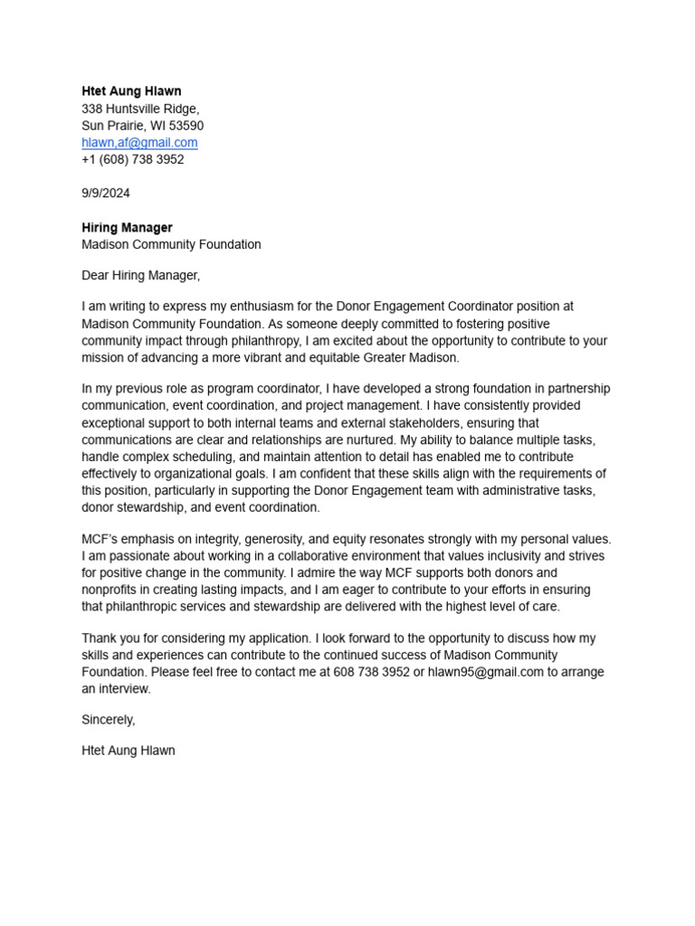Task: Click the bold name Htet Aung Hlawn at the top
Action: pyautogui.click(x=131, y=91)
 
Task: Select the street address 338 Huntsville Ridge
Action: pyautogui.click(x=139, y=109)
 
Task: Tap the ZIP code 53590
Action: pyautogui.click(x=186, y=126)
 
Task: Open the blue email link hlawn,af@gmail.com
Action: pyautogui.click(x=139, y=143)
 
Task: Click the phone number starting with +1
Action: pyautogui.click(x=132, y=159)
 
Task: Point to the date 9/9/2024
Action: pyautogui.click(x=106, y=194)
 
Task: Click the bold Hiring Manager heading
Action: pyautogui.click(x=127, y=228)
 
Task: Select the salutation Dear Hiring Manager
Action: pyautogui.click(x=140, y=275)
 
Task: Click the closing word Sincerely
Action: pyautogui.click(x=108, y=720)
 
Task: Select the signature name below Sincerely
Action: pyautogui.click(x=129, y=751)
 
